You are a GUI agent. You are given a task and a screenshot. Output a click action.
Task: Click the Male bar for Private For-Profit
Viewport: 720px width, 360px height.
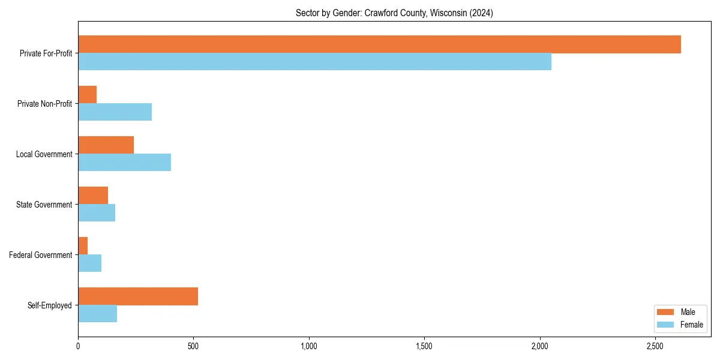[379, 44]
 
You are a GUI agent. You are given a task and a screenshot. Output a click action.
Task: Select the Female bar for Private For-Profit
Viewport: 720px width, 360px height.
[314, 62]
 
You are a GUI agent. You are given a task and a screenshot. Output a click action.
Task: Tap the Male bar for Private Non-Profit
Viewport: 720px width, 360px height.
[88, 95]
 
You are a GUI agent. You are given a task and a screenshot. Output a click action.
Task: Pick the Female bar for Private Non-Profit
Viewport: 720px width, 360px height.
[115, 112]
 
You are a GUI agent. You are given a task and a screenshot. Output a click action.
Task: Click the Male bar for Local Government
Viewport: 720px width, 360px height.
[106, 145]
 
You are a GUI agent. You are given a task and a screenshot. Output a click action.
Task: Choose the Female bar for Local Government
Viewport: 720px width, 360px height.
[124, 163]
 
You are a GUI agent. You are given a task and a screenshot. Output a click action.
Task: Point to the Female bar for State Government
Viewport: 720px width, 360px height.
[97, 213]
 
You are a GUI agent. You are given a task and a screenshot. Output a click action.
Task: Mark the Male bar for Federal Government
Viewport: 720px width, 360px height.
[83, 246]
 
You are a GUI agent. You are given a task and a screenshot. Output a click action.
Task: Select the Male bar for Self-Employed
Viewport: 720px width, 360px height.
[138, 296]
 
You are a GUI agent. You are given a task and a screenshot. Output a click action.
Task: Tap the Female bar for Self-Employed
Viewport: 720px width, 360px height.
[97, 314]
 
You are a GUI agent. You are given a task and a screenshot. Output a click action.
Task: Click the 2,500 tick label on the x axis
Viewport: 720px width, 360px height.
[655, 346]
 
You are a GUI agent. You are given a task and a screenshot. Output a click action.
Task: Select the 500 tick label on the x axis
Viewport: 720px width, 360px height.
[193, 346]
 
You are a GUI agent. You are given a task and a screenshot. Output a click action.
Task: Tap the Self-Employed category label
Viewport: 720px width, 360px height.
[50, 305]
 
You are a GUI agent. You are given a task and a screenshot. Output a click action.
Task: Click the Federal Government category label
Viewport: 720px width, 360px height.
[41, 255]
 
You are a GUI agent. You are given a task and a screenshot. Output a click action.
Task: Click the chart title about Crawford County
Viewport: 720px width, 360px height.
[394, 13]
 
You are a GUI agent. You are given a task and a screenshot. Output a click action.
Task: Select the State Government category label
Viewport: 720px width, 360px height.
[44, 205]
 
